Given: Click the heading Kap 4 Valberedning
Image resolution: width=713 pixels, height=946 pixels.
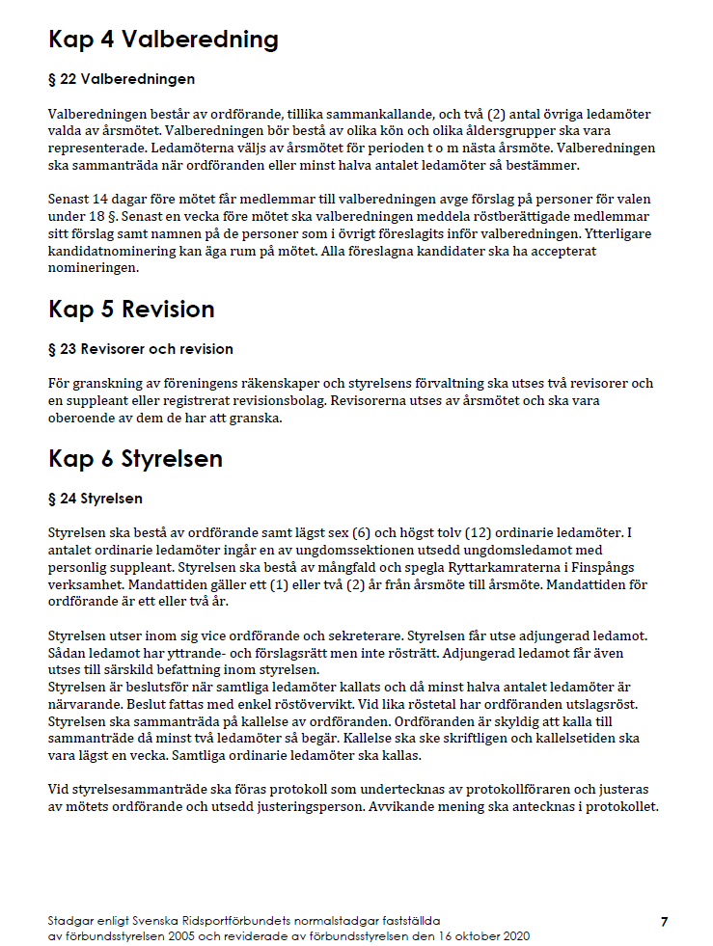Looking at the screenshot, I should [163, 40].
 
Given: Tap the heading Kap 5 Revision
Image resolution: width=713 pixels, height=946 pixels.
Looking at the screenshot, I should [131, 310].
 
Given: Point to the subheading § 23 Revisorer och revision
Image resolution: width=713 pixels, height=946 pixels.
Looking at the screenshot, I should [141, 348].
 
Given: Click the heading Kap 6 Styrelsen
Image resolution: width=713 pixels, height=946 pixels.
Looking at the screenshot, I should [135, 459].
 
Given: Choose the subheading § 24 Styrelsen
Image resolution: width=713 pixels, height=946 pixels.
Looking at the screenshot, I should [96, 499].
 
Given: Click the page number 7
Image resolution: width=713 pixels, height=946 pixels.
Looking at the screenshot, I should [664, 922].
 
